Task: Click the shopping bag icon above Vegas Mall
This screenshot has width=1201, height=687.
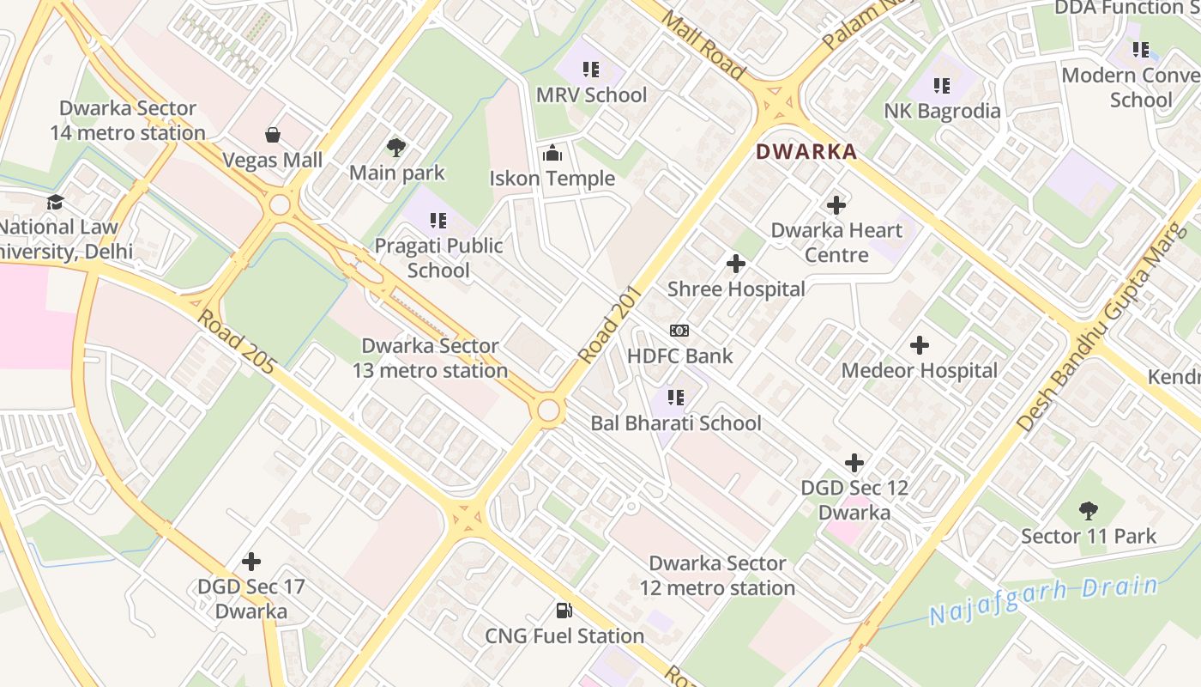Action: click(273, 135)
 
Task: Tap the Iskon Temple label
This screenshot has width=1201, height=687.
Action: click(552, 179)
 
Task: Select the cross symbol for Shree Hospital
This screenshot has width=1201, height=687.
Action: click(735, 264)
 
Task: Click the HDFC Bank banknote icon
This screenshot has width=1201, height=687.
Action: click(679, 331)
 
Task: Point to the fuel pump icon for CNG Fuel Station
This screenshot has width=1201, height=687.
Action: click(564, 611)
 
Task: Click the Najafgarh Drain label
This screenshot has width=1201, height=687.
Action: click(1043, 600)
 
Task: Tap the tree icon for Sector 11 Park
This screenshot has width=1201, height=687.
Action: click(1089, 511)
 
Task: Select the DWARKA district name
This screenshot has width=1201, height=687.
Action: click(806, 152)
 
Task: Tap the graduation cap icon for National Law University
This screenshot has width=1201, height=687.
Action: click(56, 203)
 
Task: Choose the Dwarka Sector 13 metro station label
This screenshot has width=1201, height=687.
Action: click(430, 358)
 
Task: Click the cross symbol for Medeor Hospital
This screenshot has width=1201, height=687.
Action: click(920, 346)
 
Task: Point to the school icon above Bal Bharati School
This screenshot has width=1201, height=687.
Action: click(676, 398)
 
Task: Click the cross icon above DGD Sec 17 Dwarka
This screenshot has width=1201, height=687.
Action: click(251, 562)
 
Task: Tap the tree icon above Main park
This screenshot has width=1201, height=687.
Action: click(396, 148)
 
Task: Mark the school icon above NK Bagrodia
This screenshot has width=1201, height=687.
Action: click(942, 86)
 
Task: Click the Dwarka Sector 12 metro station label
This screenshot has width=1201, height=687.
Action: click(717, 575)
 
